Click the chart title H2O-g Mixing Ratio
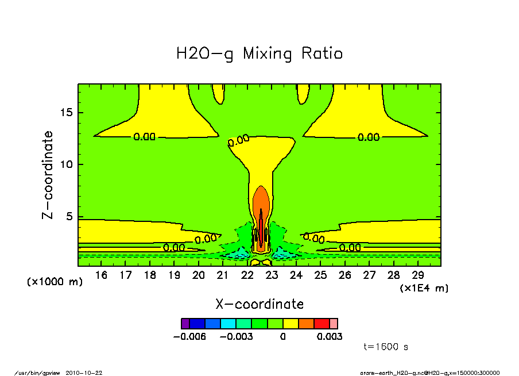(x=259, y=54)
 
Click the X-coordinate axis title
(x=259, y=304)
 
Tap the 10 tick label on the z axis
(x=67, y=164)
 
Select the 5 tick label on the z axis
(x=69, y=217)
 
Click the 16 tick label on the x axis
(x=101, y=275)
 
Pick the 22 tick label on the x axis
(x=247, y=275)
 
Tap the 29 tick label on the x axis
(x=418, y=275)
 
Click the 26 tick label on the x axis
(x=345, y=275)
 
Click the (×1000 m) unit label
(x=55, y=282)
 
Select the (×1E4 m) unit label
(x=424, y=287)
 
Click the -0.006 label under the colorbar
(x=189, y=336)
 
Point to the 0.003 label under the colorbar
(x=330, y=336)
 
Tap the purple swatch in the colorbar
(x=185, y=324)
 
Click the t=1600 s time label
(x=386, y=347)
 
